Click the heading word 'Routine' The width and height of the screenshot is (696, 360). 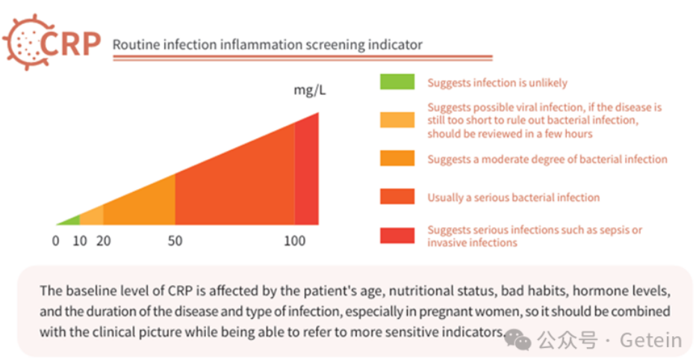[x=134, y=45]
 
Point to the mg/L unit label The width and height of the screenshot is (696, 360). [x=309, y=91]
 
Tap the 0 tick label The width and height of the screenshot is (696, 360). [x=55, y=241]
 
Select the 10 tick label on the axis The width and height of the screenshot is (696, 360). [x=79, y=241]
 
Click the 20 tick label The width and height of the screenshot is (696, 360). [x=103, y=241]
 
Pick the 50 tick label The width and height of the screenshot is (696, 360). [x=175, y=241]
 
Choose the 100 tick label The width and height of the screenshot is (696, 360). [x=295, y=241]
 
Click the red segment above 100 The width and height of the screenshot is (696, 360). [x=307, y=179]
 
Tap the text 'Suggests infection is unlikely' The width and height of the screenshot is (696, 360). [x=497, y=83]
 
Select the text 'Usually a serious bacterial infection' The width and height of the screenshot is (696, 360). [x=513, y=198]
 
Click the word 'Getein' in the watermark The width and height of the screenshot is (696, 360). [x=650, y=341]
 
